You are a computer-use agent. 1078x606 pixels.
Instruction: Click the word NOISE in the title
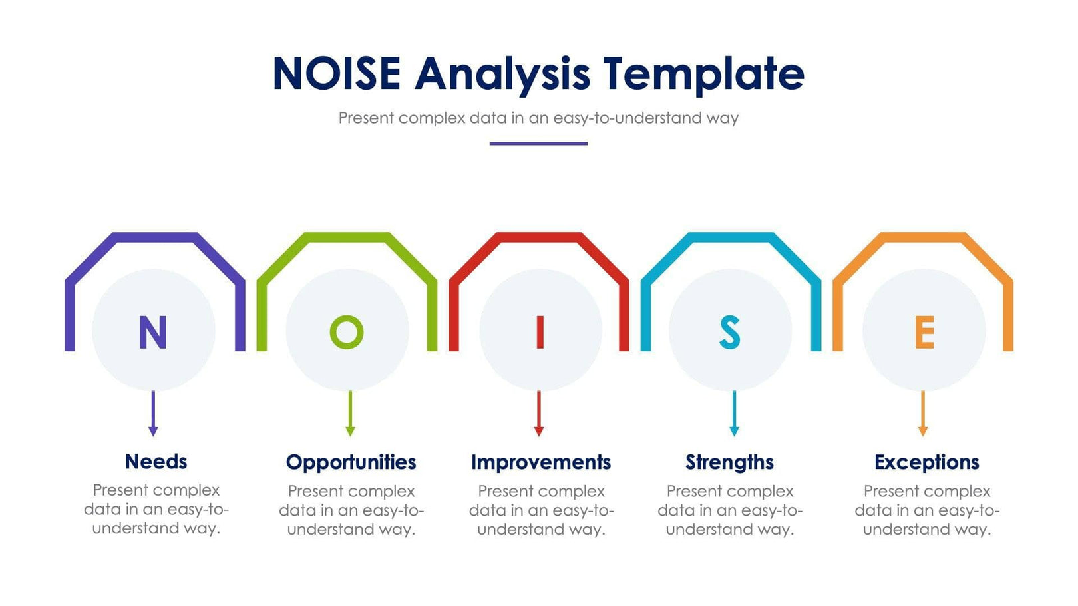[337, 73]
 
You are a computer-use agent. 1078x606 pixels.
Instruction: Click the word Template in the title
[703, 73]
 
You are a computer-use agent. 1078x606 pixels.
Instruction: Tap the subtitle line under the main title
[538, 118]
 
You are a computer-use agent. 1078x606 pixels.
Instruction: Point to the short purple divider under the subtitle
[538, 143]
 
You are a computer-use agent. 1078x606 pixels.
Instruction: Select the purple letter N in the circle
[152, 332]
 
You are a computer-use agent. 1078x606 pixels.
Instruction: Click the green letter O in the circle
[347, 332]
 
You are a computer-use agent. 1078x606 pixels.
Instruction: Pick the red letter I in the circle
[540, 332]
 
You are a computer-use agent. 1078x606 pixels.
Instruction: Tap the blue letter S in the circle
[730, 332]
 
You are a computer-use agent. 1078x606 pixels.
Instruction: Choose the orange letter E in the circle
[924, 332]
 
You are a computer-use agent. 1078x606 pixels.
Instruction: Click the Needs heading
[156, 461]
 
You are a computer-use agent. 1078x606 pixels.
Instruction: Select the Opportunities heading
[351, 462]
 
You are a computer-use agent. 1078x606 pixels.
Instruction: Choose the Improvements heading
[540, 462]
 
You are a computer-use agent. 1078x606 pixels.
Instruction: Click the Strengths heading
[729, 462]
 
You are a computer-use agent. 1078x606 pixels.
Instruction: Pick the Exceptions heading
[926, 462]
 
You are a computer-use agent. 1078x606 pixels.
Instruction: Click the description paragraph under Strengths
[730, 510]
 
